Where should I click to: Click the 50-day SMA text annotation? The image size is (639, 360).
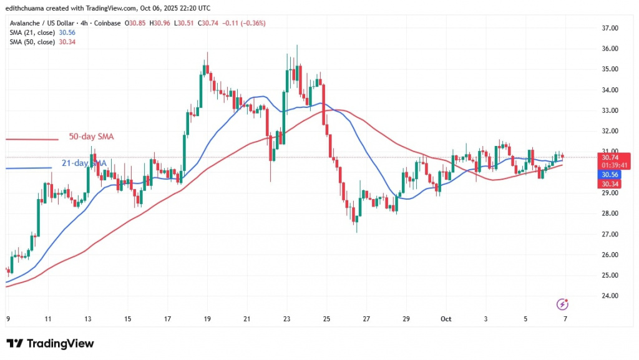tap(91, 137)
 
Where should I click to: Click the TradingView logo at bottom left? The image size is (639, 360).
tap(50, 344)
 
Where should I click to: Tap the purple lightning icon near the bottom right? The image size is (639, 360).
tap(563, 304)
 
